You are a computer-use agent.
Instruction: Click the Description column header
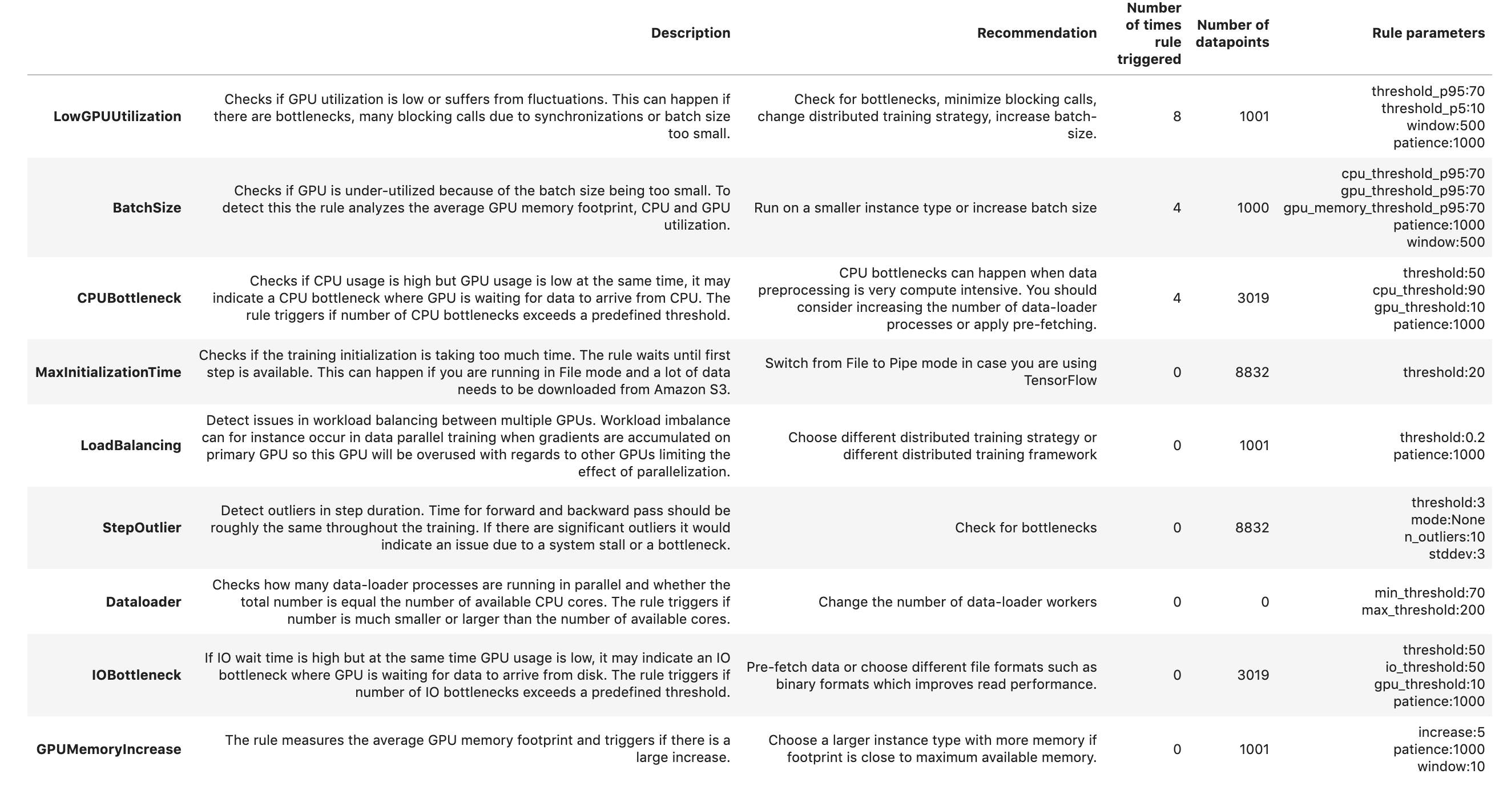click(x=690, y=33)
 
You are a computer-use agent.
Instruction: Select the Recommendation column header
click(x=1037, y=33)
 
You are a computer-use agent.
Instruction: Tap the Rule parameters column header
click(x=1428, y=33)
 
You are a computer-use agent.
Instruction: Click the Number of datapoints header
click(x=1232, y=33)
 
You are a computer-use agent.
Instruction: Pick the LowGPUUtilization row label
click(x=117, y=117)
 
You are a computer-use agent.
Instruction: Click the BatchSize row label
click(x=147, y=208)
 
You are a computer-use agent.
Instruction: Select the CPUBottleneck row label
click(x=129, y=299)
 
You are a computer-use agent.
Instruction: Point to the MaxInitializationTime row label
click(x=108, y=372)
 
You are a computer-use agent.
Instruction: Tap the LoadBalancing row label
click(x=131, y=446)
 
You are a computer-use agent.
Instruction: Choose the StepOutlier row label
click(x=142, y=528)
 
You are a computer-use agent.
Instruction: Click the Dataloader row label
click(x=143, y=602)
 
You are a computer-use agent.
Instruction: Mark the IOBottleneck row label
click(x=136, y=675)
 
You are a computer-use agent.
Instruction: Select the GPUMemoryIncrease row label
click(x=109, y=749)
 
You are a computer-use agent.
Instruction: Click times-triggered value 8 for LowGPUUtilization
click(x=1176, y=117)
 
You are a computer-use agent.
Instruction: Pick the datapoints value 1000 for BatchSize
click(x=1252, y=208)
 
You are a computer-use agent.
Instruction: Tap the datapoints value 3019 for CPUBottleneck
click(x=1252, y=299)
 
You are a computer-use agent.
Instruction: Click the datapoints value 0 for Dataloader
click(x=1264, y=602)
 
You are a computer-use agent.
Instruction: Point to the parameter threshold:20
click(x=1443, y=372)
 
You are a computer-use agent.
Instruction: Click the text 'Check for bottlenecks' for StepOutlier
click(x=1026, y=528)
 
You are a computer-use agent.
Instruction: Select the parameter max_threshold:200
click(x=1423, y=611)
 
